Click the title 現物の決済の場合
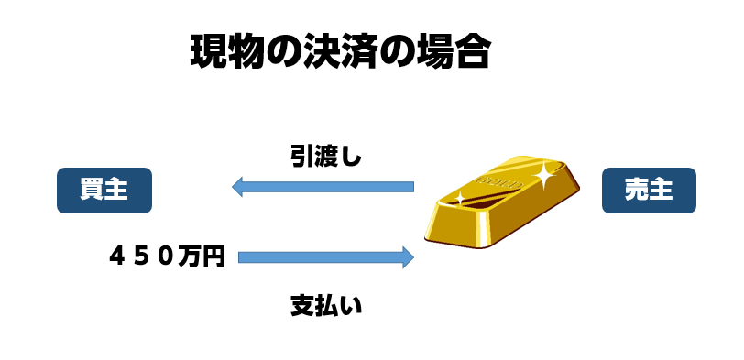click(340, 52)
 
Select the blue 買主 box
click(104, 191)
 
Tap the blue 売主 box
click(649, 191)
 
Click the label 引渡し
click(326, 158)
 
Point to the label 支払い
click(326, 306)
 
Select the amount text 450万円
click(167, 257)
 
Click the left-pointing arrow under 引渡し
click(323, 186)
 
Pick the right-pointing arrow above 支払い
click(326, 257)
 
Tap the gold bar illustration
click(501, 202)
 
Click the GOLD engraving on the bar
click(499, 182)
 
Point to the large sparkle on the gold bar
click(543, 176)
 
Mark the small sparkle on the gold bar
click(459, 198)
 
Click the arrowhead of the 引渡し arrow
click(236, 186)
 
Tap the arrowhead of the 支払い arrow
click(409, 257)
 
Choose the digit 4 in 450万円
click(117, 257)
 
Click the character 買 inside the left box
click(92, 191)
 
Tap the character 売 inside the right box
click(636, 191)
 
